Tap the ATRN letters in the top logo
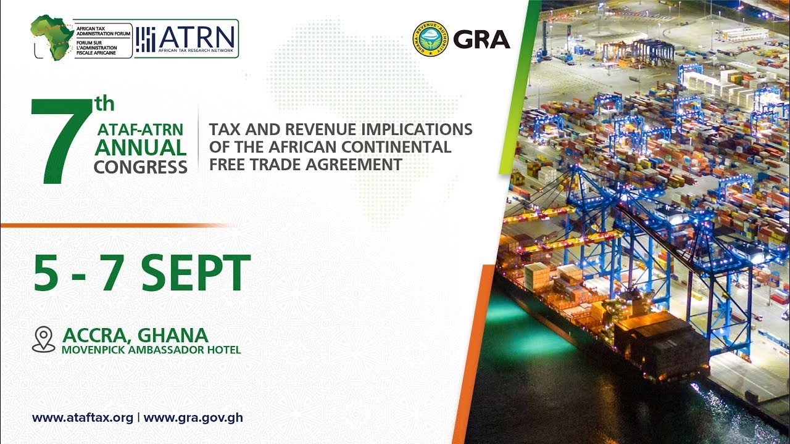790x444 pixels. point(197,35)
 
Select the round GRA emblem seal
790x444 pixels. point(430,39)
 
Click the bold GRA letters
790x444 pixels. point(481,39)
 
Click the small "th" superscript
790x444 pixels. point(103,104)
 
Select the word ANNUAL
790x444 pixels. point(140,148)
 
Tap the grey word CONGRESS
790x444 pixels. point(140,166)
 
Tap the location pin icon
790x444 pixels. point(43,339)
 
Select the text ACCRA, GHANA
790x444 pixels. point(135,335)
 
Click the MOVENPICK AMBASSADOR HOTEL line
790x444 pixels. point(151,350)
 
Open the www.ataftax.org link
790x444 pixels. point(83,417)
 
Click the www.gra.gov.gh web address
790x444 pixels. point(193,417)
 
